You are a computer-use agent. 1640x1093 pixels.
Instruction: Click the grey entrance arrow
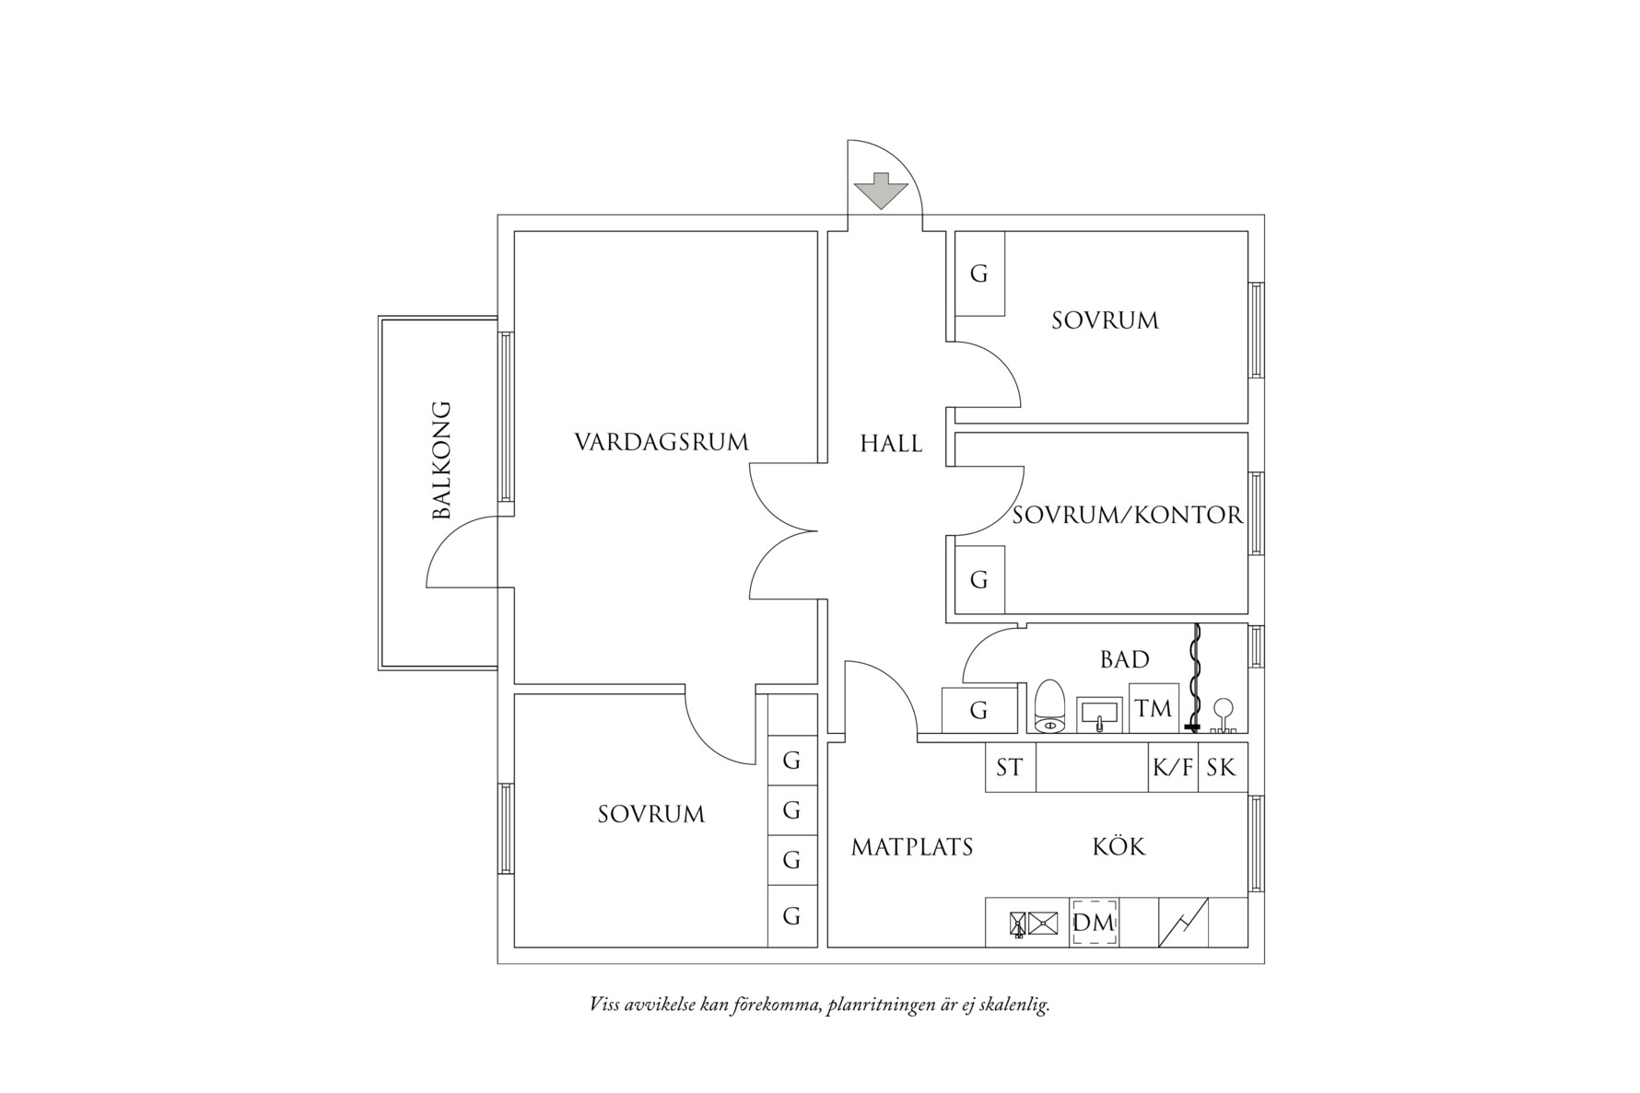tap(881, 191)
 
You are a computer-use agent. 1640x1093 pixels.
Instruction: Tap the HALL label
tap(891, 444)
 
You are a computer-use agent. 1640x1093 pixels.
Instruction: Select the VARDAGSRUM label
tap(662, 442)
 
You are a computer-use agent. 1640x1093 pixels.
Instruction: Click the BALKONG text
tap(442, 459)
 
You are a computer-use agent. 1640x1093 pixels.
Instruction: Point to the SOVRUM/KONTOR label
tap(1128, 515)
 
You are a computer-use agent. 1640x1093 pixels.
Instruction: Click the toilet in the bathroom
tap(1049, 706)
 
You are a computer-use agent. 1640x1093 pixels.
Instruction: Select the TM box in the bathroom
tap(1154, 708)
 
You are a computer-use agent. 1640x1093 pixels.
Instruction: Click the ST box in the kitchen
tap(1010, 767)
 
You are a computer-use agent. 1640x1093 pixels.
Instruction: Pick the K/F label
tap(1173, 767)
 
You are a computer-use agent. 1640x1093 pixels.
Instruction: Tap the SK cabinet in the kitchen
tap(1222, 767)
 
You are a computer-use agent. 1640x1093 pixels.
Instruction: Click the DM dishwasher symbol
tap(1095, 922)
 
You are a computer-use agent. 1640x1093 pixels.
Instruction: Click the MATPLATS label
tap(911, 847)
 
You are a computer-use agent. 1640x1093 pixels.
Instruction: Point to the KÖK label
tap(1119, 846)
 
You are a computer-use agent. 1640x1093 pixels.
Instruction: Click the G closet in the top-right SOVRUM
tap(979, 273)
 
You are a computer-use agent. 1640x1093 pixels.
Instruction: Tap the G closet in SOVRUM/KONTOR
tap(979, 580)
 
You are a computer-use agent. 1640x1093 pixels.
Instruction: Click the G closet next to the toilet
tap(978, 710)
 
